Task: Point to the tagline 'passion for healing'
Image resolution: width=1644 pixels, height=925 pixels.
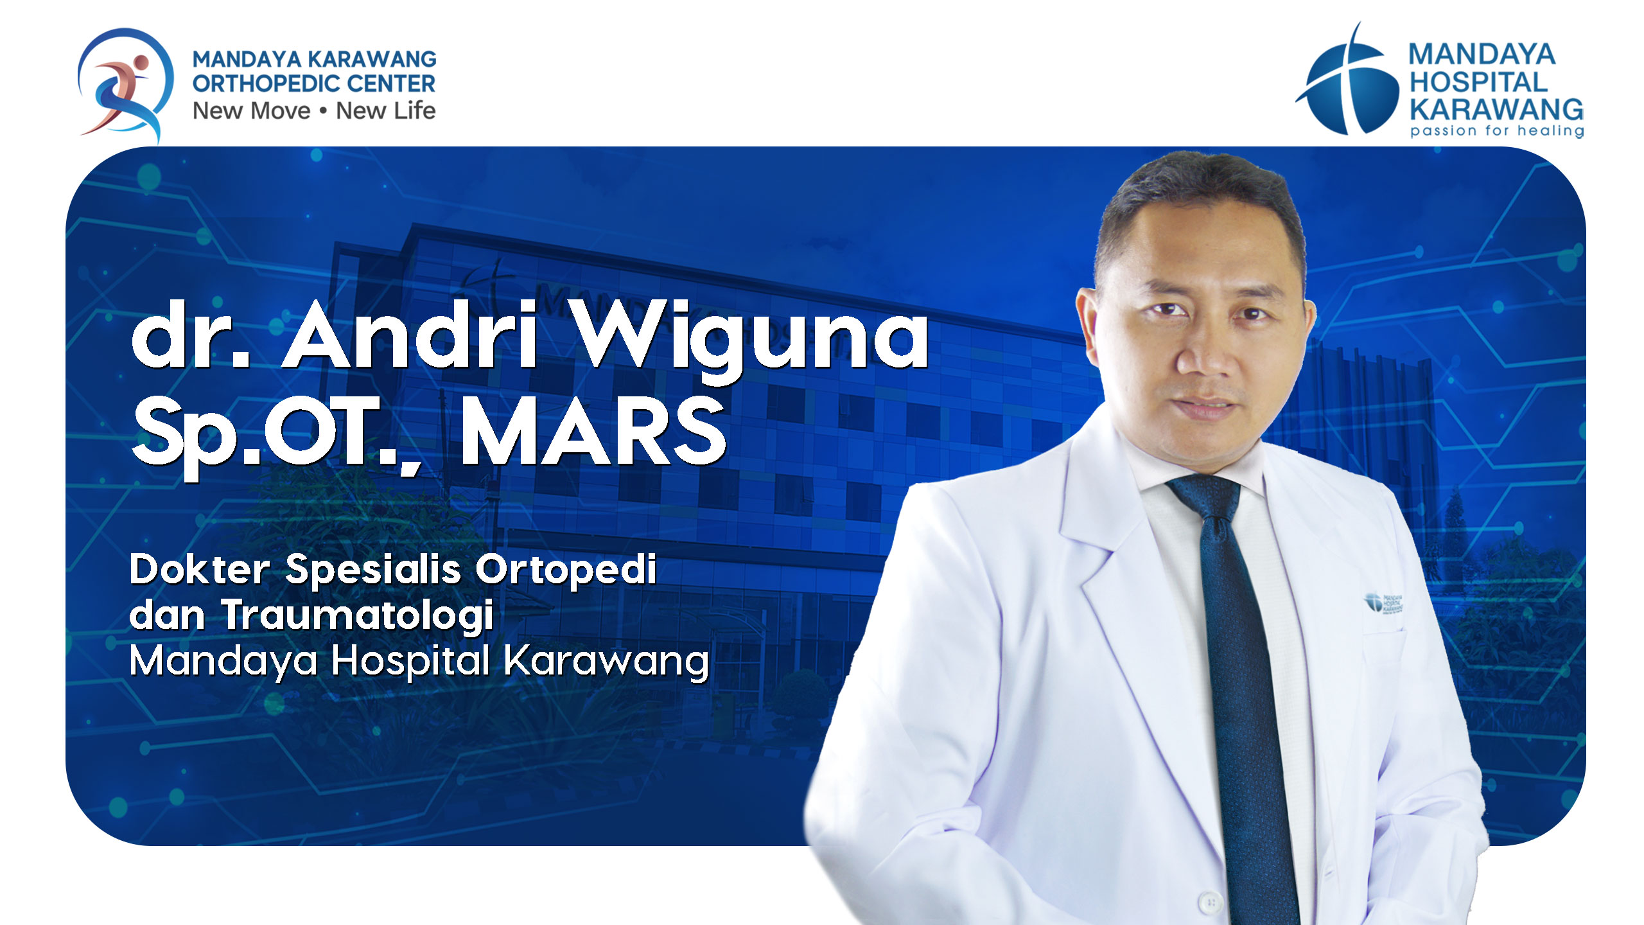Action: [x=1497, y=131]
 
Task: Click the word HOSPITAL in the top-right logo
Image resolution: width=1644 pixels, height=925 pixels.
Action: [x=1478, y=82]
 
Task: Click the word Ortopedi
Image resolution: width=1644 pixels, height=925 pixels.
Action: [x=566, y=570]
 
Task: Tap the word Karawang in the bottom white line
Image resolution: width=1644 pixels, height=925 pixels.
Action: [x=606, y=662]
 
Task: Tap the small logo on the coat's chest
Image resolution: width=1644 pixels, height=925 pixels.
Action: [x=1383, y=604]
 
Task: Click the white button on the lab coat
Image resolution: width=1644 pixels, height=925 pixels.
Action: [x=1210, y=901]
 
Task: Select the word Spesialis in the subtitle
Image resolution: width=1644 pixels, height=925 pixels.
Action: [x=373, y=570]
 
